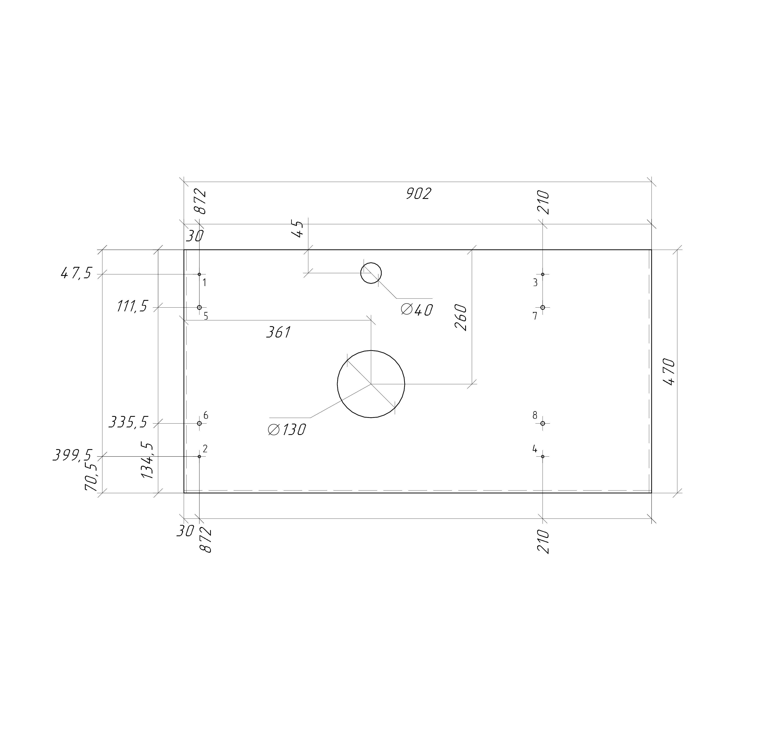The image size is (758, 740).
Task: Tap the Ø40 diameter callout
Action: tap(417, 310)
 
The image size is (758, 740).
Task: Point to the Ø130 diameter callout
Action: tap(287, 429)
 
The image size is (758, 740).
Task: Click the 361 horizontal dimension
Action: tap(278, 332)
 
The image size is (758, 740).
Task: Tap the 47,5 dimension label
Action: tap(76, 274)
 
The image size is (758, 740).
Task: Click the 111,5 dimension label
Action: tap(132, 307)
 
